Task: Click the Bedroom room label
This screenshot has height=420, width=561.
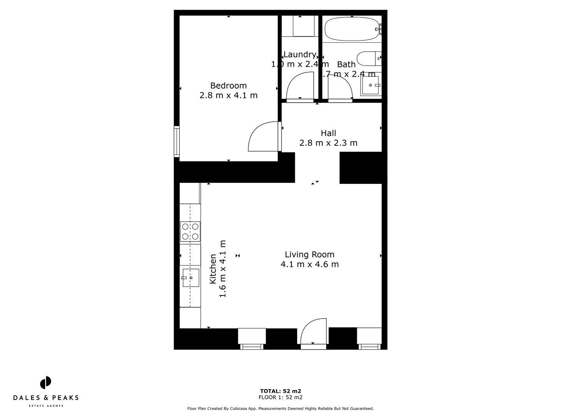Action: (228, 86)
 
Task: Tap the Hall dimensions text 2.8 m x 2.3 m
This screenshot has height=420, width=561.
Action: (328, 143)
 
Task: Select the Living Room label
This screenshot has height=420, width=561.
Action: (309, 254)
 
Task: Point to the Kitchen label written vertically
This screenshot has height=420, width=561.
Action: (213, 269)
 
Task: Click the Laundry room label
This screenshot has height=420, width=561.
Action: (300, 54)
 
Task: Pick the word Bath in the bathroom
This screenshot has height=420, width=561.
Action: (346, 64)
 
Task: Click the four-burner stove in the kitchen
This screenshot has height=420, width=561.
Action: (190, 231)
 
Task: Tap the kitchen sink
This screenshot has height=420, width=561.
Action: (191, 278)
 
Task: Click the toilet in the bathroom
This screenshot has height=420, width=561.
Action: (368, 59)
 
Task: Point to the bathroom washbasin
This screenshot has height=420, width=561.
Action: (370, 85)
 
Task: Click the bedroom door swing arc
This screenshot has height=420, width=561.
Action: (263, 136)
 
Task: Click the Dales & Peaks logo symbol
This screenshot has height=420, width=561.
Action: (46, 383)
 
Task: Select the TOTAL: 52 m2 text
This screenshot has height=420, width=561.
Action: (280, 391)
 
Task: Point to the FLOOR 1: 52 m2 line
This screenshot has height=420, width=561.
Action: (280, 397)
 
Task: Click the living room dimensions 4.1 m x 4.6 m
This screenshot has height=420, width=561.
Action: (309, 264)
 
